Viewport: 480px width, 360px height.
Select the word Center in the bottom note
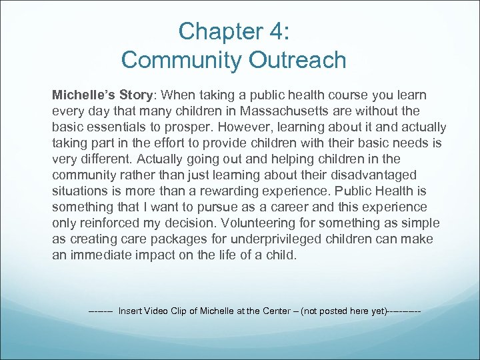click(275, 311)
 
